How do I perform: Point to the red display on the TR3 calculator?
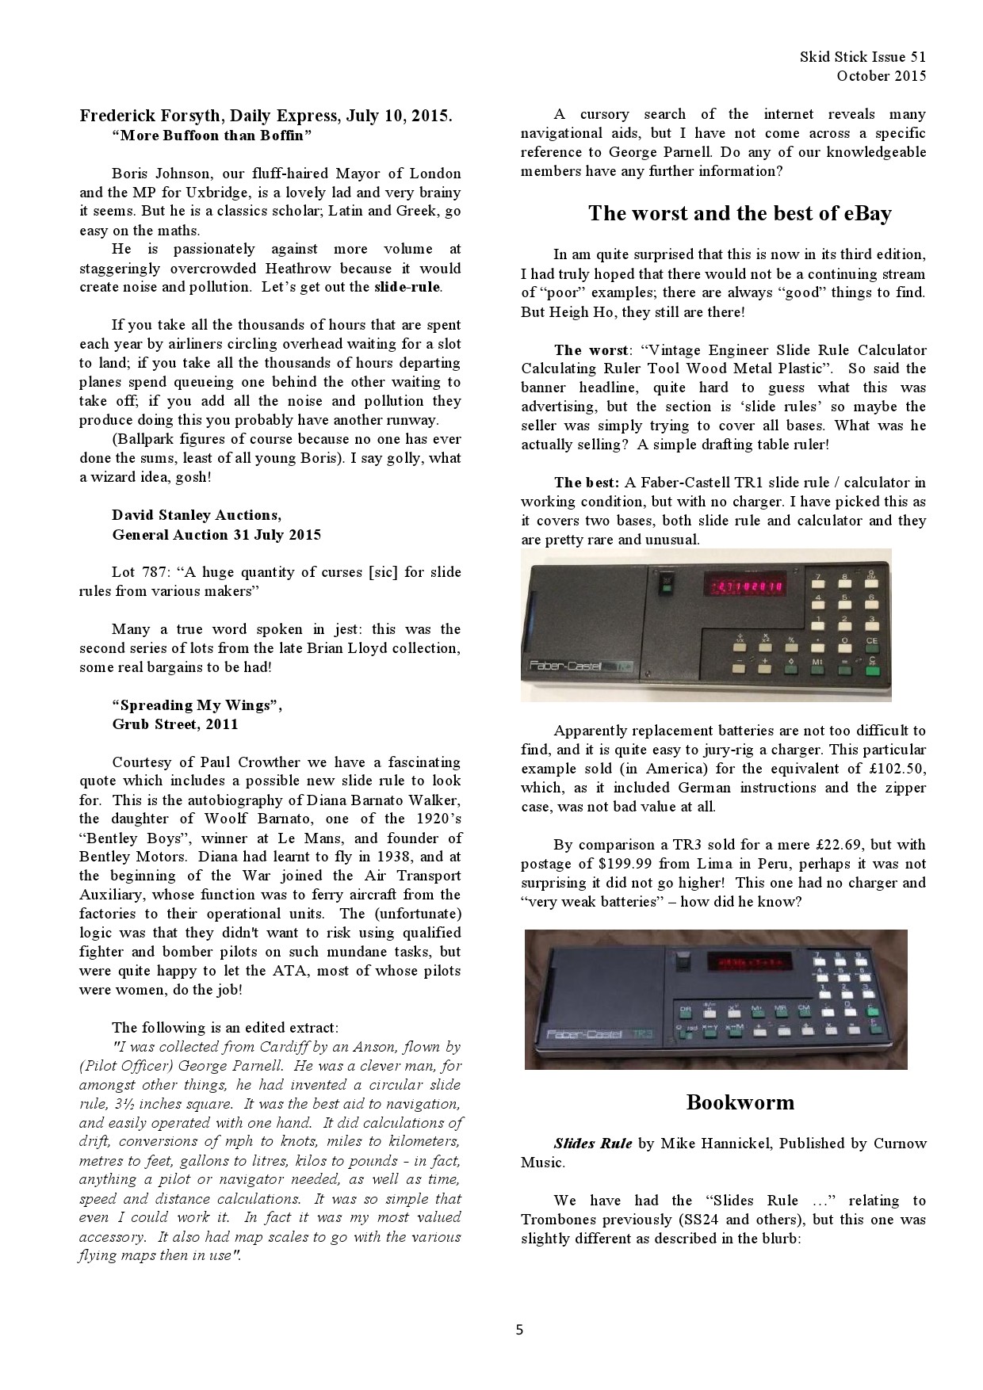point(748,963)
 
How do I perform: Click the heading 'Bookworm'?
point(740,1102)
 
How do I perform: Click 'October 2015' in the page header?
point(881,76)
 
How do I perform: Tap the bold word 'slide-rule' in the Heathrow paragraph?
point(407,287)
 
